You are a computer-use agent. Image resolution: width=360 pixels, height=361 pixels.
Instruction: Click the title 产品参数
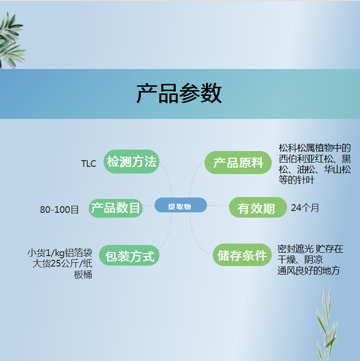click(x=179, y=93)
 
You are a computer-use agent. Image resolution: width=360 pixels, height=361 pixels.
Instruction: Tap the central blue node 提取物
click(x=180, y=205)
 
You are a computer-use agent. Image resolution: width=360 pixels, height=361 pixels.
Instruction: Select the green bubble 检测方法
click(x=132, y=162)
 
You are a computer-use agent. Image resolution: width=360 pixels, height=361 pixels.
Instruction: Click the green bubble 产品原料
click(x=238, y=163)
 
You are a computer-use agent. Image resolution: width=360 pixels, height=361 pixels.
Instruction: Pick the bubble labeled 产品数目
click(x=116, y=208)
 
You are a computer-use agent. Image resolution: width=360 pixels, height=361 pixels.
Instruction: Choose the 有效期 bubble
click(x=258, y=208)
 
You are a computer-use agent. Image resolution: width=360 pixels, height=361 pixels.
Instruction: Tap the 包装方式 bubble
click(x=129, y=256)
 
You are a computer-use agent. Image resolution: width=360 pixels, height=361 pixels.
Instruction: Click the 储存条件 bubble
click(x=242, y=255)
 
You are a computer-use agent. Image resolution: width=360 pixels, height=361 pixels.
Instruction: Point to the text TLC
click(x=88, y=163)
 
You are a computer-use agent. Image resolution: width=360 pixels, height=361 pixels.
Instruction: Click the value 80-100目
click(x=59, y=210)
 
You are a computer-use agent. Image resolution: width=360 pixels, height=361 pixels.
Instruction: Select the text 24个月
click(x=305, y=208)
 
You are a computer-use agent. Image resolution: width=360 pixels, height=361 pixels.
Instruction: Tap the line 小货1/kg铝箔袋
click(x=60, y=253)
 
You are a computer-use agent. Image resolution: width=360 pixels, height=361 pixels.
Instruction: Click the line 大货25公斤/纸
click(x=62, y=263)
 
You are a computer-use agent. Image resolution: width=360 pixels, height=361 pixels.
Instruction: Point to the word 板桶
click(x=83, y=274)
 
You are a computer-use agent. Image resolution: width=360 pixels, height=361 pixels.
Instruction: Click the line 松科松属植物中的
click(x=314, y=148)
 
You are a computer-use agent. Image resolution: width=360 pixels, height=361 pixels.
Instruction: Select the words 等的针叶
click(x=296, y=180)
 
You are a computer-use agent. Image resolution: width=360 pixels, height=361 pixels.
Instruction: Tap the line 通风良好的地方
click(x=309, y=270)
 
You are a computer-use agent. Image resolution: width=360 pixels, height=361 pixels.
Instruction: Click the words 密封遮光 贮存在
click(x=310, y=249)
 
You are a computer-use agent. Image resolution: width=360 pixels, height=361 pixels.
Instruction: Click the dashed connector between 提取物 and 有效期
click(x=218, y=205)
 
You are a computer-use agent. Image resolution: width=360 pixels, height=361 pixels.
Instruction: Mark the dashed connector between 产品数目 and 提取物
click(x=149, y=205)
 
